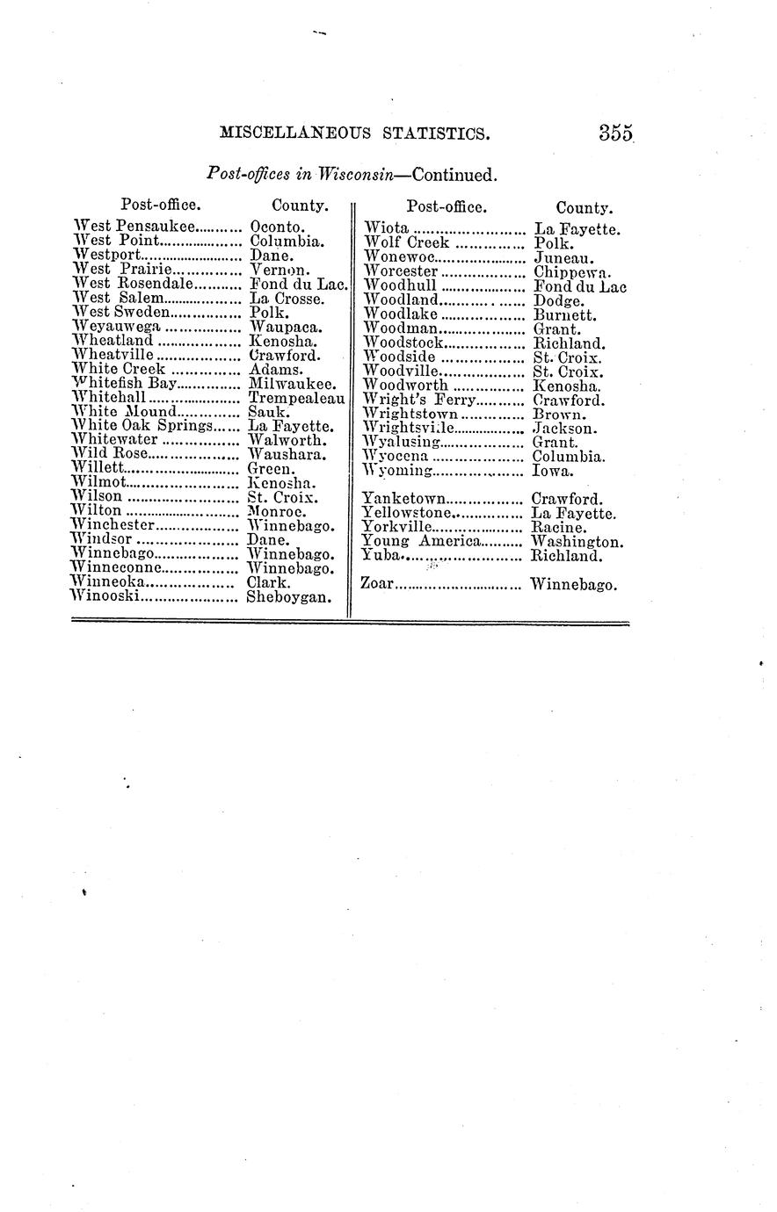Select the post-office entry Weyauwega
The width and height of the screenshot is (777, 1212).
(117, 327)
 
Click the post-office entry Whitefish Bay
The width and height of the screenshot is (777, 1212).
(125, 384)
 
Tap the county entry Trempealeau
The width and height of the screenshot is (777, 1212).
(296, 398)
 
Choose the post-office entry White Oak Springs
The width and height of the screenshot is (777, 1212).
(144, 426)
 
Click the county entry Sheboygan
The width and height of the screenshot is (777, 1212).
(288, 597)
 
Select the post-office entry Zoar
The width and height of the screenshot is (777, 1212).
(378, 584)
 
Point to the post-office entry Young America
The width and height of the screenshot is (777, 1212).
(420, 542)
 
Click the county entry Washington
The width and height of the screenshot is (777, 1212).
(577, 542)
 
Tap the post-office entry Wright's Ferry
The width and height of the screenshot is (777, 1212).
(419, 400)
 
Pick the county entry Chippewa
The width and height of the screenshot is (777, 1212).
(572, 272)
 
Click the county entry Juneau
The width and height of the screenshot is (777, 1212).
(563, 258)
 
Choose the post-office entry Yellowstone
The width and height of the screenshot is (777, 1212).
(407, 513)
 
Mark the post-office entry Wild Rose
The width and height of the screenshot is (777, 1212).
(109, 455)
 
